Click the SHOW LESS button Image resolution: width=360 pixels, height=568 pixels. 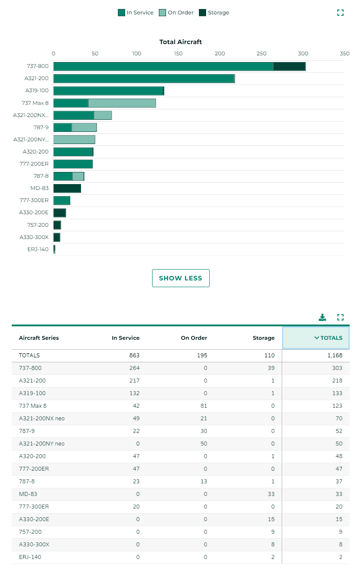(x=180, y=278)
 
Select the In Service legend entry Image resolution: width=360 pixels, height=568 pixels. (x=135, y=13)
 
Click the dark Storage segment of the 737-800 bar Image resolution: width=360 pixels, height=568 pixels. (x=289, y=67)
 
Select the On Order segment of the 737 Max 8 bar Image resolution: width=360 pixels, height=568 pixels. (x=122, y=103)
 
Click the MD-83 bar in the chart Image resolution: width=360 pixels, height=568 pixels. (x=67, y=188)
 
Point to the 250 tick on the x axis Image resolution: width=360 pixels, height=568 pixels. (x=261, y=54)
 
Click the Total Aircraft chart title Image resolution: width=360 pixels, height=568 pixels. (x=180, y=42)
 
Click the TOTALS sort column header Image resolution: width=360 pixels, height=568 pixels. (x=316, y=338)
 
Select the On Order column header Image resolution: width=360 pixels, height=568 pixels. (x=194, y=338)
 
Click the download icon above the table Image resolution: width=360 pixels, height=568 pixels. (x=322, y=317)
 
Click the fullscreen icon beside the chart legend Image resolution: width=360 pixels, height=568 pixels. (x=340, y=13)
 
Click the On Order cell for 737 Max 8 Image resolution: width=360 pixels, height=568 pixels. (x=202, y=406)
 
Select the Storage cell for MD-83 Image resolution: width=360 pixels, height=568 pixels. (x=270, y=494)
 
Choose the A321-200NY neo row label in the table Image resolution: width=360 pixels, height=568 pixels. (x=41, y=444)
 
